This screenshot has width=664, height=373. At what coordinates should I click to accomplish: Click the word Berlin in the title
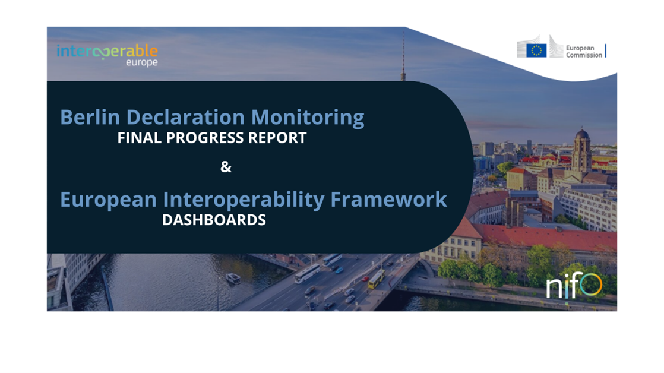click(90, 117)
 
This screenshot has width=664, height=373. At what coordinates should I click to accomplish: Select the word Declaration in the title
click(185, 117)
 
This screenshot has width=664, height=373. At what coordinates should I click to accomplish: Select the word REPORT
click(277, 138)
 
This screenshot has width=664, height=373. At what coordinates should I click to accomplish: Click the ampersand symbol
click(226, 167)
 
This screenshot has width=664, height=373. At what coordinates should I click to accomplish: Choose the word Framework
click(388, 200)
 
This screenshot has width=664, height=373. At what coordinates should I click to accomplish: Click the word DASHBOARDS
click(214, 220)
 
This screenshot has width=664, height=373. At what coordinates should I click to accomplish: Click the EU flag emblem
click(536, 50)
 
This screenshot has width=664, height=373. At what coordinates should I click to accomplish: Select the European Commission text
click(584, 51)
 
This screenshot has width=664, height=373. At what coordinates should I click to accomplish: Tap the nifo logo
click(574, 286)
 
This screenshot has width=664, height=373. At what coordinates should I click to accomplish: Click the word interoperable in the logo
click(107, 51)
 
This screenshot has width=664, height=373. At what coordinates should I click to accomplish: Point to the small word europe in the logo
click(142, 62)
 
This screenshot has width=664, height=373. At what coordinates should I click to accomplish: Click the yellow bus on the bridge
click(376, 279)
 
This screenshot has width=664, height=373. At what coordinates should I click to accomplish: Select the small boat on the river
click(233, 278)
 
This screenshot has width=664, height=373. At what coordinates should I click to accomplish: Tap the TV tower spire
click(403, 55)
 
